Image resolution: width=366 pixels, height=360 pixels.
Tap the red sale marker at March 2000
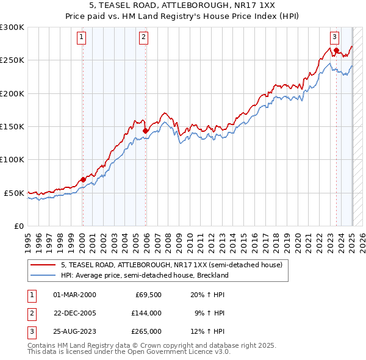tap(83, 179)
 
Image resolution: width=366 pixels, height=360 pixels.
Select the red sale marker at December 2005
tap(146, 130)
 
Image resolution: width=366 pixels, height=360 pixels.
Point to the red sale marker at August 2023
tap(336, 50)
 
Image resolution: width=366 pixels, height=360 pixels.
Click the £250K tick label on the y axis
tap(12, 60)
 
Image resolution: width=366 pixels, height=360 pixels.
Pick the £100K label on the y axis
tap(12, 159)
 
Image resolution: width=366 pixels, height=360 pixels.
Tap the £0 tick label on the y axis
tap(18, 226)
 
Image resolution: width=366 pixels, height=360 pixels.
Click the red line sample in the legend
tap(43, 265)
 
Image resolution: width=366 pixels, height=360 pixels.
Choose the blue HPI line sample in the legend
tap(43, 275)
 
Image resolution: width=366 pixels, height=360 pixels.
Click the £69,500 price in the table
tap(148, 295)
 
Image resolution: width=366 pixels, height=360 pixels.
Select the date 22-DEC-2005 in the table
tap(75, 313)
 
